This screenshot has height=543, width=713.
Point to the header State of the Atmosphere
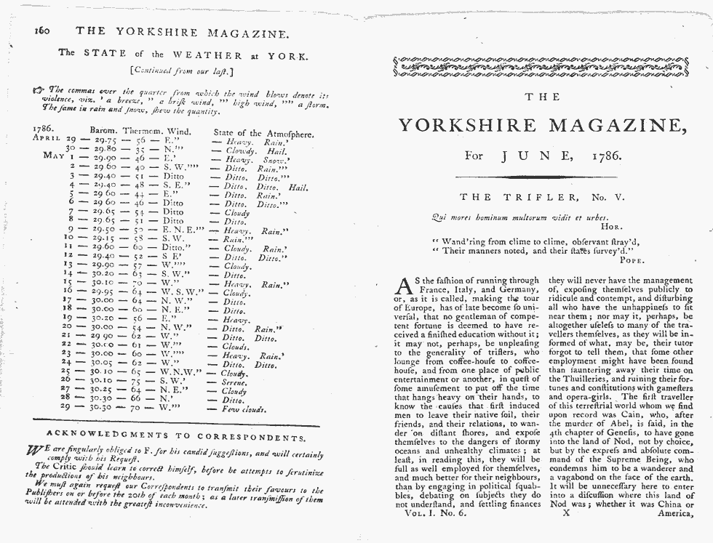click(263, 133)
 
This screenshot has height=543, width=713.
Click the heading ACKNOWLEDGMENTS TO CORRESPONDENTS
click(175, 436)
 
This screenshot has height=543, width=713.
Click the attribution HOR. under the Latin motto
click(626, 226)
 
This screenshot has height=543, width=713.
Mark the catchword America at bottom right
click(672, 514)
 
